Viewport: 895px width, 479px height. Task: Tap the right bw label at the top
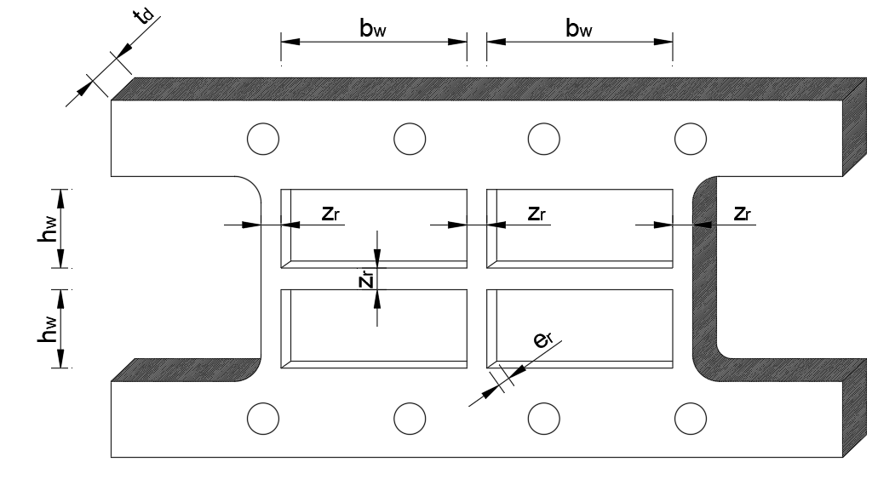coord(579,28)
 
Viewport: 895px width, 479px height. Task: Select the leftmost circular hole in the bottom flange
coord(261,418)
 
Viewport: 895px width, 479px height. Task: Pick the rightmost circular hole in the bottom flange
coord(690,418)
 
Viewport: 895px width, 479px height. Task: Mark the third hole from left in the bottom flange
coord(543,418)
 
